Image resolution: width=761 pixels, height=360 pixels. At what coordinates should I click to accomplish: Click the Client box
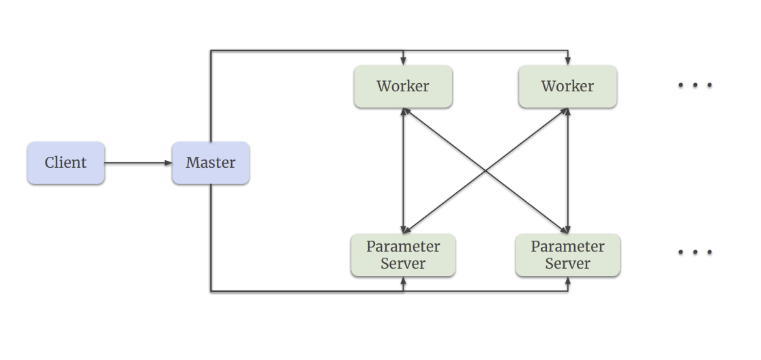coord(66,163)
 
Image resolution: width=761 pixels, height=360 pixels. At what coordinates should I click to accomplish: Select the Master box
coord(211,163)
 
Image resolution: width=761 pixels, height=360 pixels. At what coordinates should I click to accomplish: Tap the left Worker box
coord(403,87)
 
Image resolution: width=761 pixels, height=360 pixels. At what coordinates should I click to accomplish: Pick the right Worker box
coord(567,87)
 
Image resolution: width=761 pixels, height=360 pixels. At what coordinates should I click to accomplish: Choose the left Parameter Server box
coord(403,255)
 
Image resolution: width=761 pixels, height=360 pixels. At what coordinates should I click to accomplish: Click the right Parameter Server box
coord(567,255)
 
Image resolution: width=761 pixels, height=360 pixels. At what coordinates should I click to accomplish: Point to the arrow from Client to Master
coord(136,163)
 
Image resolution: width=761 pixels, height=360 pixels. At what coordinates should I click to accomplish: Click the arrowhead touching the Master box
coord(168,163)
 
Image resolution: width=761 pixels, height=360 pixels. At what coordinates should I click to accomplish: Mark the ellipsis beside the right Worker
coord(695,85)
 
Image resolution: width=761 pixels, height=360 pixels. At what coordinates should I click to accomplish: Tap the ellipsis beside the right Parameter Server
coord(695,252)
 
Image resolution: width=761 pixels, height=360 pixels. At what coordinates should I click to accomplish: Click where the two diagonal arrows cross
coord(486,170)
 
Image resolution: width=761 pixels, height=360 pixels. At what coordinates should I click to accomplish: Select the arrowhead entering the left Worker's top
coord(404,61)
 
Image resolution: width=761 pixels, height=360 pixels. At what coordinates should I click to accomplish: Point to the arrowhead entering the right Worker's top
coord(568,61)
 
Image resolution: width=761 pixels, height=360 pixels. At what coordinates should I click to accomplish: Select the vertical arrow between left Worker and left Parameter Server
coord(404,170)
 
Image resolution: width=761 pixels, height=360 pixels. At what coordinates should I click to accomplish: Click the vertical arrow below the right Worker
coord(568,170)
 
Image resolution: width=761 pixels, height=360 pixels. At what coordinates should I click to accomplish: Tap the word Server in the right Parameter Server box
coord(567,264)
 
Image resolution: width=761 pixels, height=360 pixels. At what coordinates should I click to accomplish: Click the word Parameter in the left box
coord(403,246)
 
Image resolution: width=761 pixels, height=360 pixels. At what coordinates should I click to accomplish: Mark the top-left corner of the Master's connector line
coord(211,50)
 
